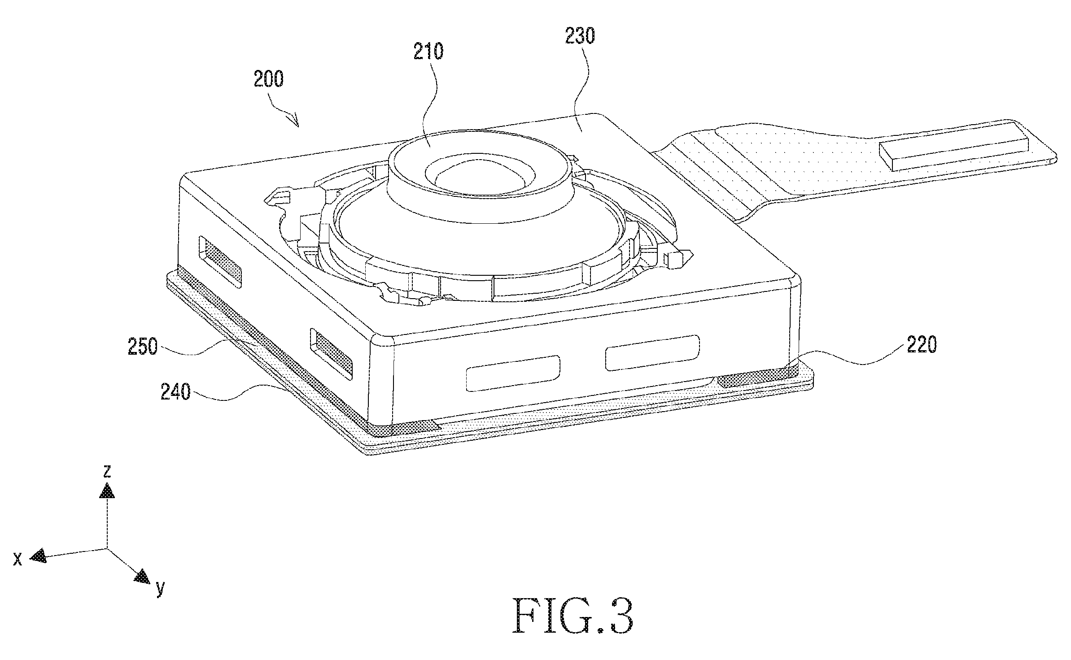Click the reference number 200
pyautogui.click(x=268, y=79)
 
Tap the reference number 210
pyautogui.click(x=428, y=52)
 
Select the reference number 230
pyautogui.click(x=580, y=35)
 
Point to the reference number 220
pyautogui.click(x=921, y=345)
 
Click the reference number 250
pyautogui.click(x=143, y=347)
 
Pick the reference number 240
pyautogui.click(x=176, y=393)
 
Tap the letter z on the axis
pyautogui.click(x=107, y=471)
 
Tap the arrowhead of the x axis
pyautogui.click(x=39, y=556)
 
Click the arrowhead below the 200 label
pyautogui.click(x=293, y=120)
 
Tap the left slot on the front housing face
pyautogui.click(x=513, y=373)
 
